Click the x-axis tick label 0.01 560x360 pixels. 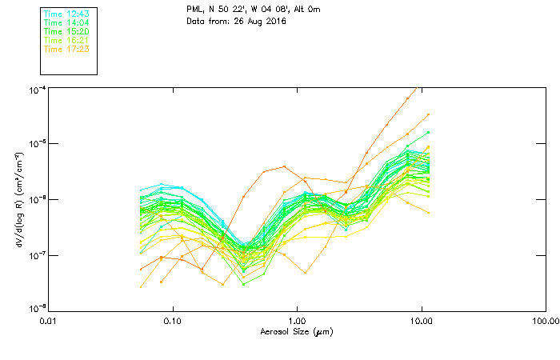tap(48, 322)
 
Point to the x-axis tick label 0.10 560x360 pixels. tap(172, 322)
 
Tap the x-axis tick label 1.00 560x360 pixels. tap(297, 322)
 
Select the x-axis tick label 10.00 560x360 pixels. tap(421, 322)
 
